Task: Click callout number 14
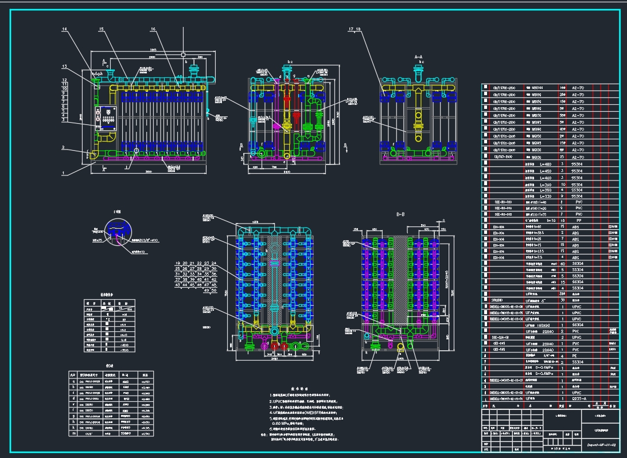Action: (x=65, y=29)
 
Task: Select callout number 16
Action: (x=153, y=29)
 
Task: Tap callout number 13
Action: (x=65, y=66)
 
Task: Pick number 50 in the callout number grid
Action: (x=214, y=291)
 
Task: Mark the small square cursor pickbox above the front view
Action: (x=183, y=54)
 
